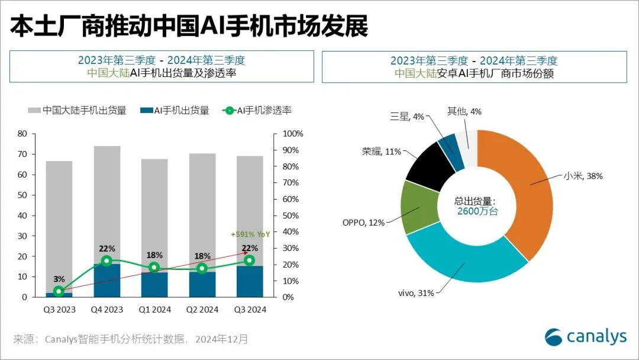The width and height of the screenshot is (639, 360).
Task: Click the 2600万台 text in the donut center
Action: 477,211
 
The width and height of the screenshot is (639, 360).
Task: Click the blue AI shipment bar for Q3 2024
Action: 250,281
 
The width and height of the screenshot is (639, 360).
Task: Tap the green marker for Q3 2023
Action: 59,291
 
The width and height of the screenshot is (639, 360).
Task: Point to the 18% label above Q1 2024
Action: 154,255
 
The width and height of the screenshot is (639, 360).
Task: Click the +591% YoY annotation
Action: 250,234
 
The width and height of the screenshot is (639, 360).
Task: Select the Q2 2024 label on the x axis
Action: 202,310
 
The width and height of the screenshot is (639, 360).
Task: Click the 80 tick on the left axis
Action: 22,134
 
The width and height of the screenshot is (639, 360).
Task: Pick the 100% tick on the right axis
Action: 292,134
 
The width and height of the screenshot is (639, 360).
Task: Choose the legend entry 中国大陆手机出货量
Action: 77,110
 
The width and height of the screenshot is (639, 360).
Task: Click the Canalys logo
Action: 585,336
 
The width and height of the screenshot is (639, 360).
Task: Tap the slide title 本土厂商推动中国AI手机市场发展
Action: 189,27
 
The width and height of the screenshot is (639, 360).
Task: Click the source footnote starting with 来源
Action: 131,339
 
